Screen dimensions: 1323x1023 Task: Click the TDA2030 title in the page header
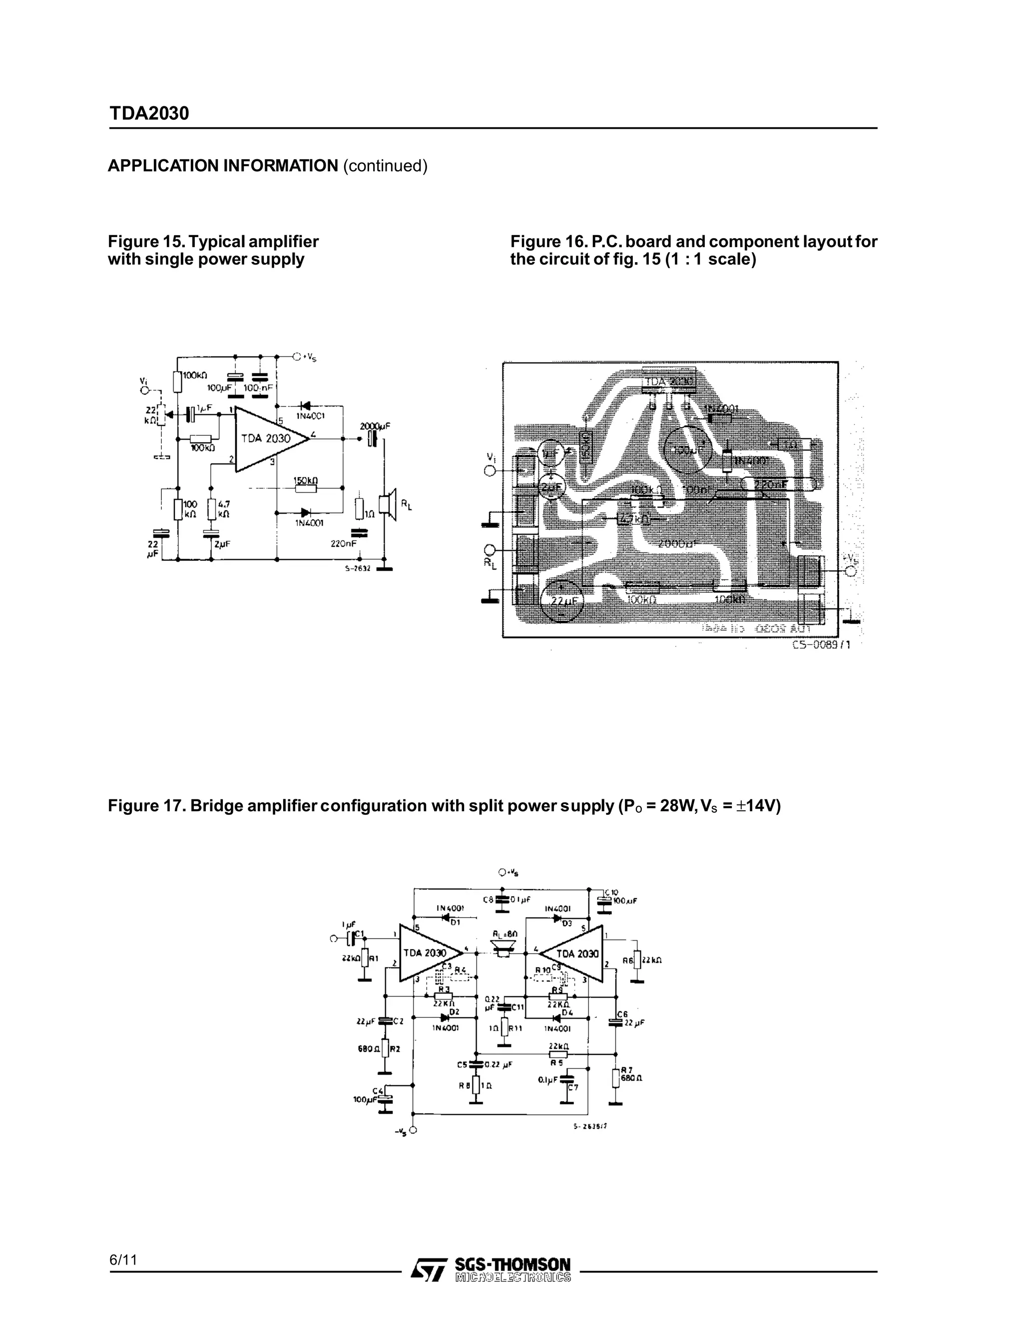click(x=148, y=113)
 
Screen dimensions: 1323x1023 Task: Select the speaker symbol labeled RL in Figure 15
click(x=387, y=503)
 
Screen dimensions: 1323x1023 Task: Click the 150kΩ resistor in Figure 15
click(x=306, y=488)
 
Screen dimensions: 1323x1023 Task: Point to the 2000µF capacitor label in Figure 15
click(x=375, y=426)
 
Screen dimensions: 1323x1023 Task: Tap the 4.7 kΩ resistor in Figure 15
click(x=211, y=509)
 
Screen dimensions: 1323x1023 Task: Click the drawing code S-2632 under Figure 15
click(x=357, y=568)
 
